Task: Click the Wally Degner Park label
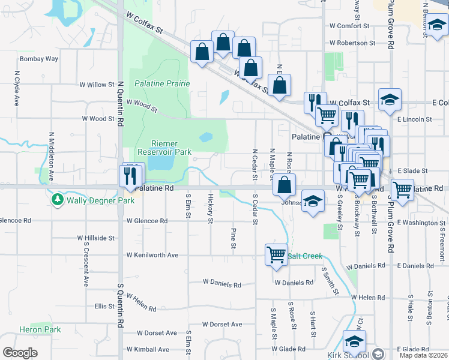point(100,200)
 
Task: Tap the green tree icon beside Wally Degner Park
point(58,199)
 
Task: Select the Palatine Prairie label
point(162,83)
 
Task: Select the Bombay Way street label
point(39,59)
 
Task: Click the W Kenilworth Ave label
point(152,255)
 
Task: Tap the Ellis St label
point(104,306)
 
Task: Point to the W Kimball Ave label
point(151,349)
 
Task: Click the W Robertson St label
point(352,43)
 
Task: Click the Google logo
point(20,353)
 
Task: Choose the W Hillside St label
point(96,238)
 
